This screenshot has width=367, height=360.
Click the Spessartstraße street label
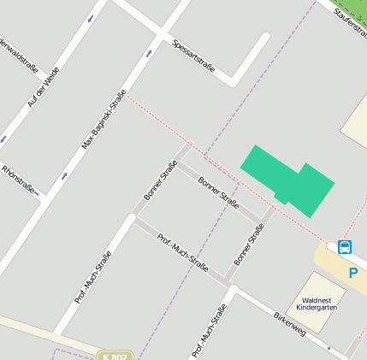click(193, 56)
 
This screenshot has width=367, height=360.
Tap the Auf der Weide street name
click(44, 87)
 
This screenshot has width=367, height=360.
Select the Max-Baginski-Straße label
click(104, 120)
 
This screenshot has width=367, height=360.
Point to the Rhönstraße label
click(21, 180)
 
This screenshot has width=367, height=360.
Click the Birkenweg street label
click(289, 324)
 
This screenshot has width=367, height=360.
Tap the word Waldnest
click(317, 300)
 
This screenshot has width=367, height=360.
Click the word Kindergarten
click(317, 308)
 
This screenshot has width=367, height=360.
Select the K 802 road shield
click(115, 356)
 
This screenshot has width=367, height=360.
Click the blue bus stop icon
click(344, 247)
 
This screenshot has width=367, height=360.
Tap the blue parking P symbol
click(352, 273)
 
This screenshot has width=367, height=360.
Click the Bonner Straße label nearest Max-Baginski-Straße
click(160, 180)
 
